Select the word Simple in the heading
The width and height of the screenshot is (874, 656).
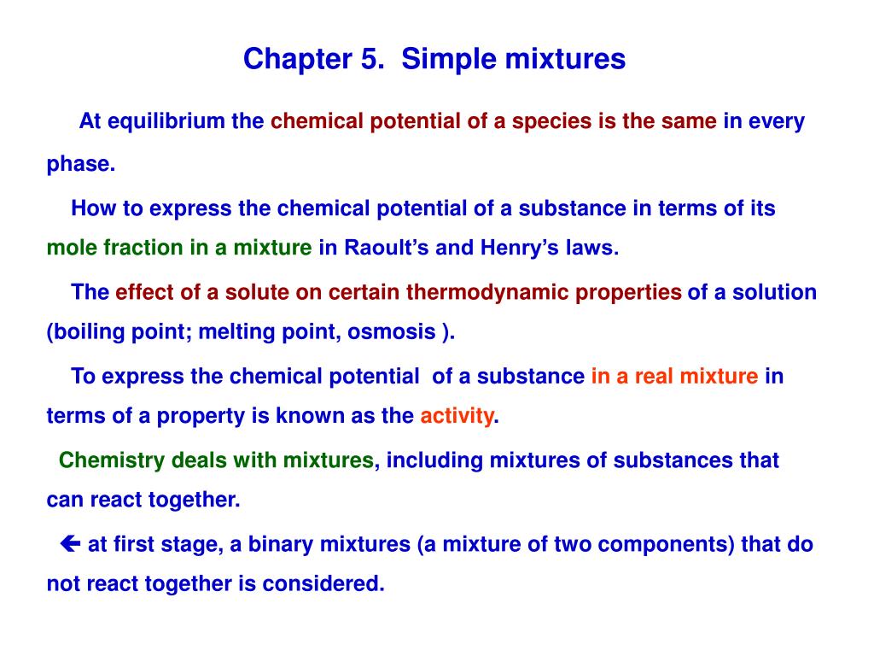click(445, 59)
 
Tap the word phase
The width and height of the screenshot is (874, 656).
click(79, 165)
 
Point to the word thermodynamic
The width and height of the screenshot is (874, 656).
click(487, 292)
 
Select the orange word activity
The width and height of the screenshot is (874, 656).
click(457, 416)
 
